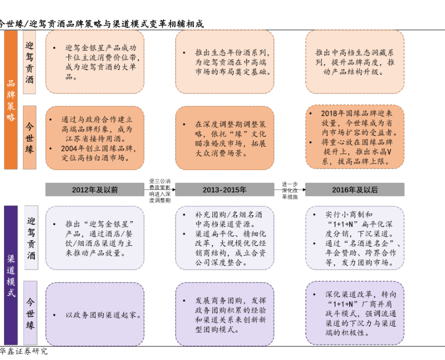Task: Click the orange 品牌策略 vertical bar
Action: tap(11, 100)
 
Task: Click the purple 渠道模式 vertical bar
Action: tap(11, 275)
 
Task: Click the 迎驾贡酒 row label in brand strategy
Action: tap(30, 62)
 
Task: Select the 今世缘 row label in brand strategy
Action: tap(30, 137)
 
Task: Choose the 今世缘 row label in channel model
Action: tap(31, 313)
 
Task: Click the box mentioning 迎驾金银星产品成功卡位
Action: tap(95, 62)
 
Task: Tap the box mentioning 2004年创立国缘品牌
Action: tap(95, 137)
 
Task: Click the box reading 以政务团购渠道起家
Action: tap(95, 314)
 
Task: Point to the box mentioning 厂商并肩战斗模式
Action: tap(355, 313)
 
